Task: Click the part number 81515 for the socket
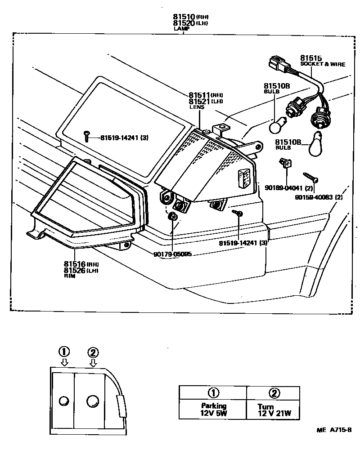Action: [311, 58]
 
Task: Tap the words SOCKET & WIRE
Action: [323, 64]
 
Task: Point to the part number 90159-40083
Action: [315, 197]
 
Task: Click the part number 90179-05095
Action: [172, 254]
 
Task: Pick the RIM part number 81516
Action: [74, 264]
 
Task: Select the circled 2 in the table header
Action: [273, 393]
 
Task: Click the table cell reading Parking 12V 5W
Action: [213, 409]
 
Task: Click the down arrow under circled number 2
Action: [93, 362]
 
